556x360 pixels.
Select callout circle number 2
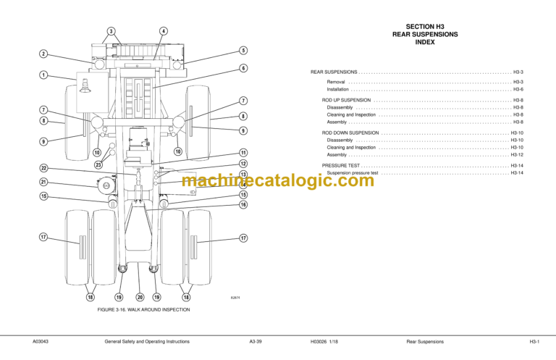[43, 54]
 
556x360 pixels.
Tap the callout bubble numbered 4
[164, 31]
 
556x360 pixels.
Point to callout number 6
[244, 68]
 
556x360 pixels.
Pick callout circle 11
[244, 153]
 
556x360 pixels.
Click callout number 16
[244, 205]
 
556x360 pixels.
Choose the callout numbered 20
[140, 297]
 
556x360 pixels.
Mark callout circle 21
[43, 183]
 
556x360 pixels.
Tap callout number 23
[98, 165]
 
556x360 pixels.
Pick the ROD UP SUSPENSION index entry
[346, 100]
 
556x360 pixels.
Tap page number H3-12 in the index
[516, 154]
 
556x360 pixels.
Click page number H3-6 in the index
[518, 89]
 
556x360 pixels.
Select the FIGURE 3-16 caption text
[143, 309]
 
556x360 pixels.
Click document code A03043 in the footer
[40, 340]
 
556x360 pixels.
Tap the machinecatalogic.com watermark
[278, 181]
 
